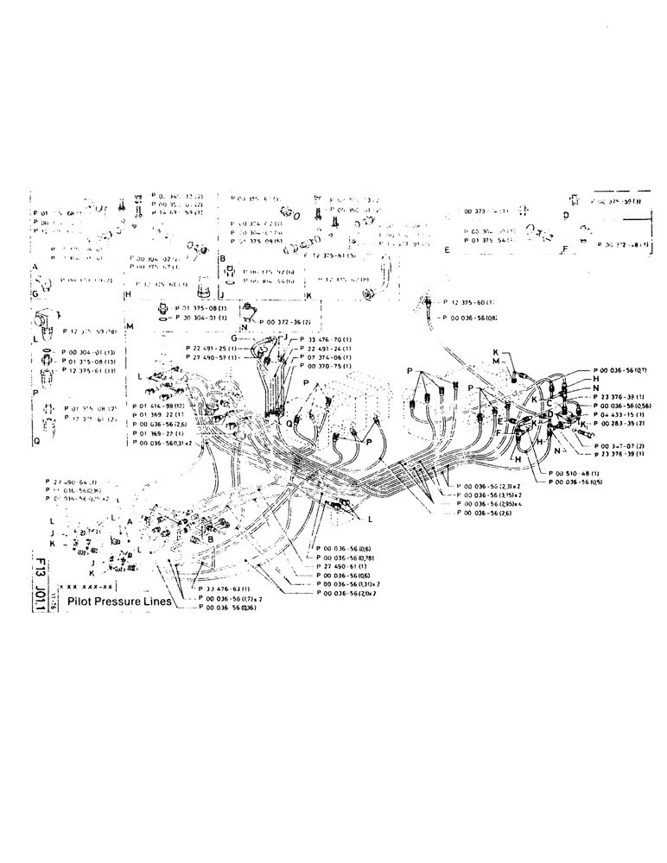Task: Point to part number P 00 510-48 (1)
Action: [575, 474]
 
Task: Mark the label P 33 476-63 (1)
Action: [230, 589]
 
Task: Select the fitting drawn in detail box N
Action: [250, 310]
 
